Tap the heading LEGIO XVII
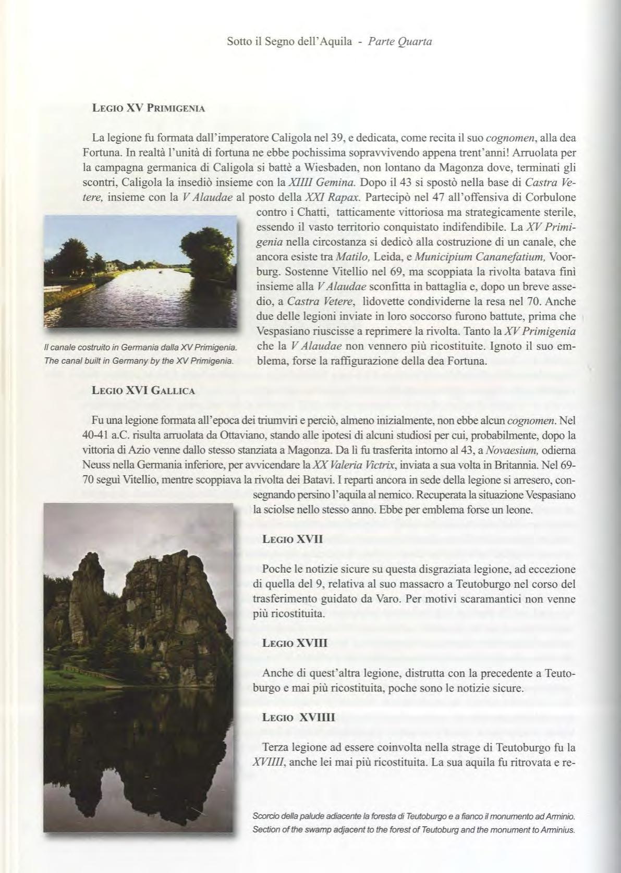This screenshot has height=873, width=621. click(x=293, y=539)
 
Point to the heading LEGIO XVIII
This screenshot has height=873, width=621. click(x=295, y=643)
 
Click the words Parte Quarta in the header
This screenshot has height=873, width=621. click(x=400, y=41)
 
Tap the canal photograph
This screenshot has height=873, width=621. click(x=140, y=272)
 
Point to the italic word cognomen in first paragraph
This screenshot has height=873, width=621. click(x=508, y=138)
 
